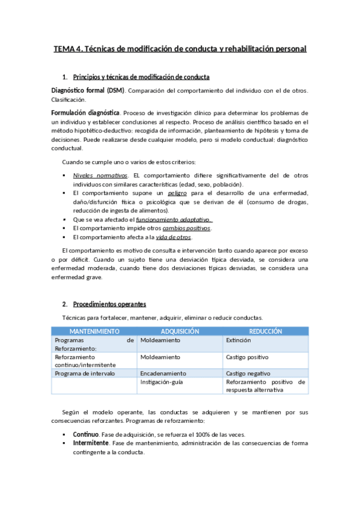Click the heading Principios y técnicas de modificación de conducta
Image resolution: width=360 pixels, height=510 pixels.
pyautogui.click(x=141, y=77)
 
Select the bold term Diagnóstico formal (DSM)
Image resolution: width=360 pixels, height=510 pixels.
pyautogui.click(x=88, y=90)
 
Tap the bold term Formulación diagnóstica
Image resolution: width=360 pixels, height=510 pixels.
pyautogui.click(x=86, y=112)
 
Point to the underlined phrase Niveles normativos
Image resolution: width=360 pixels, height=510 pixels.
pyautogui.click(x=97, y=175)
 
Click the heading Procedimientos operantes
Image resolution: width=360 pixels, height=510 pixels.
pyautogui.click(x=109, y=304)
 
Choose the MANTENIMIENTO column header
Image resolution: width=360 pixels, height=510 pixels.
pyautogui.click(x=94, y=331)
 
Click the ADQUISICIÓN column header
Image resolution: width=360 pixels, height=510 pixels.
pyautogui.click(x=180, y=331)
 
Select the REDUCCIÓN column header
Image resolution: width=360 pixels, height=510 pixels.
pyautogui.click(x=266, y=331)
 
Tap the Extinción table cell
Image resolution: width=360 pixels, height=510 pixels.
pyautogui.click(x=238, y=340)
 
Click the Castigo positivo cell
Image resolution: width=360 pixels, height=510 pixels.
pyautogui.click(x=248, y=357)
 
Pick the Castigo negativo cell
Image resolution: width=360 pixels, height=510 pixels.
pyautogui.click(x=248, y=373)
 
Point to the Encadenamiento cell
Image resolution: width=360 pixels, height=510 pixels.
pyautogui.click(x=163, y=373)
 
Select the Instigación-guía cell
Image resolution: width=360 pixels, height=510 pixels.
pyautogui.click(x=162, y=382)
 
